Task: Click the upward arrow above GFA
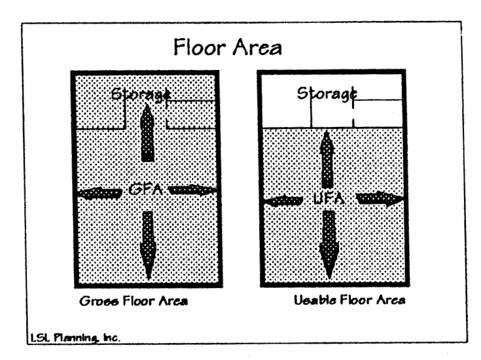(148, 134)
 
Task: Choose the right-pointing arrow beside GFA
(193, 190)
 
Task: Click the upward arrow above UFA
(325, 157)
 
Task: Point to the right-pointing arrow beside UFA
(378, 199)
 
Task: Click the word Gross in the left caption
(94, 304)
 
